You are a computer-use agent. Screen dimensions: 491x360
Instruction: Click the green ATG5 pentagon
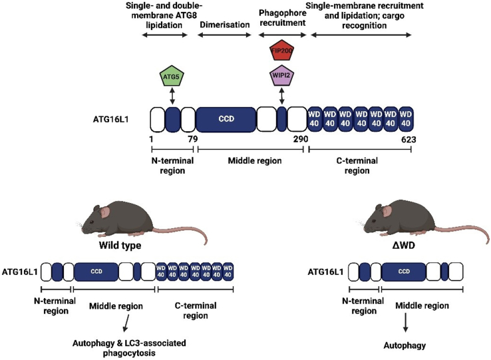[172, 76]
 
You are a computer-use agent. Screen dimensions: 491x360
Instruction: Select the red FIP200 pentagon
[282, 50]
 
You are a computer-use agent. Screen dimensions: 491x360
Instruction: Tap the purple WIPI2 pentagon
[282, 75]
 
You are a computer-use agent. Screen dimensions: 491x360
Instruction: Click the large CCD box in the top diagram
[226, 119]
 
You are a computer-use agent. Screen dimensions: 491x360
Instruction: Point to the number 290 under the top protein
[301, 139]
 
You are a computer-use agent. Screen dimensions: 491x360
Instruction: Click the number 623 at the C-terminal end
[409, 140]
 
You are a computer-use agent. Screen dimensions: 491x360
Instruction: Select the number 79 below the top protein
[192, 139]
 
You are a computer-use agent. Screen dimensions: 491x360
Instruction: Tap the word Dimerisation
[225, 25]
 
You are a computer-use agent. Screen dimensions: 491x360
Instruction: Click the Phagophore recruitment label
[283, 18]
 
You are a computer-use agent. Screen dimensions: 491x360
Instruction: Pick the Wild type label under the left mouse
[120, 245]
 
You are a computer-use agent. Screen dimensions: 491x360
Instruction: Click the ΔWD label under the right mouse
[404, 245]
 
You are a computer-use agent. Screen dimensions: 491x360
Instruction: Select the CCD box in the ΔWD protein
[404, 271]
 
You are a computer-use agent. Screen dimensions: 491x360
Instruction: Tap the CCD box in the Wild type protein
[96, 271]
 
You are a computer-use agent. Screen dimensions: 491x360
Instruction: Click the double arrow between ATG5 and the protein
[172, 96]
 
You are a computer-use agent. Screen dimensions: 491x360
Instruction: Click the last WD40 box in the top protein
[406, 119]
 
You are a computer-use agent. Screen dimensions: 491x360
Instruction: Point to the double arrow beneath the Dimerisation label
[224, 35]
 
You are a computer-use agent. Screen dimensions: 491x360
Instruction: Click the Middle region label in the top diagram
[255, 161]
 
